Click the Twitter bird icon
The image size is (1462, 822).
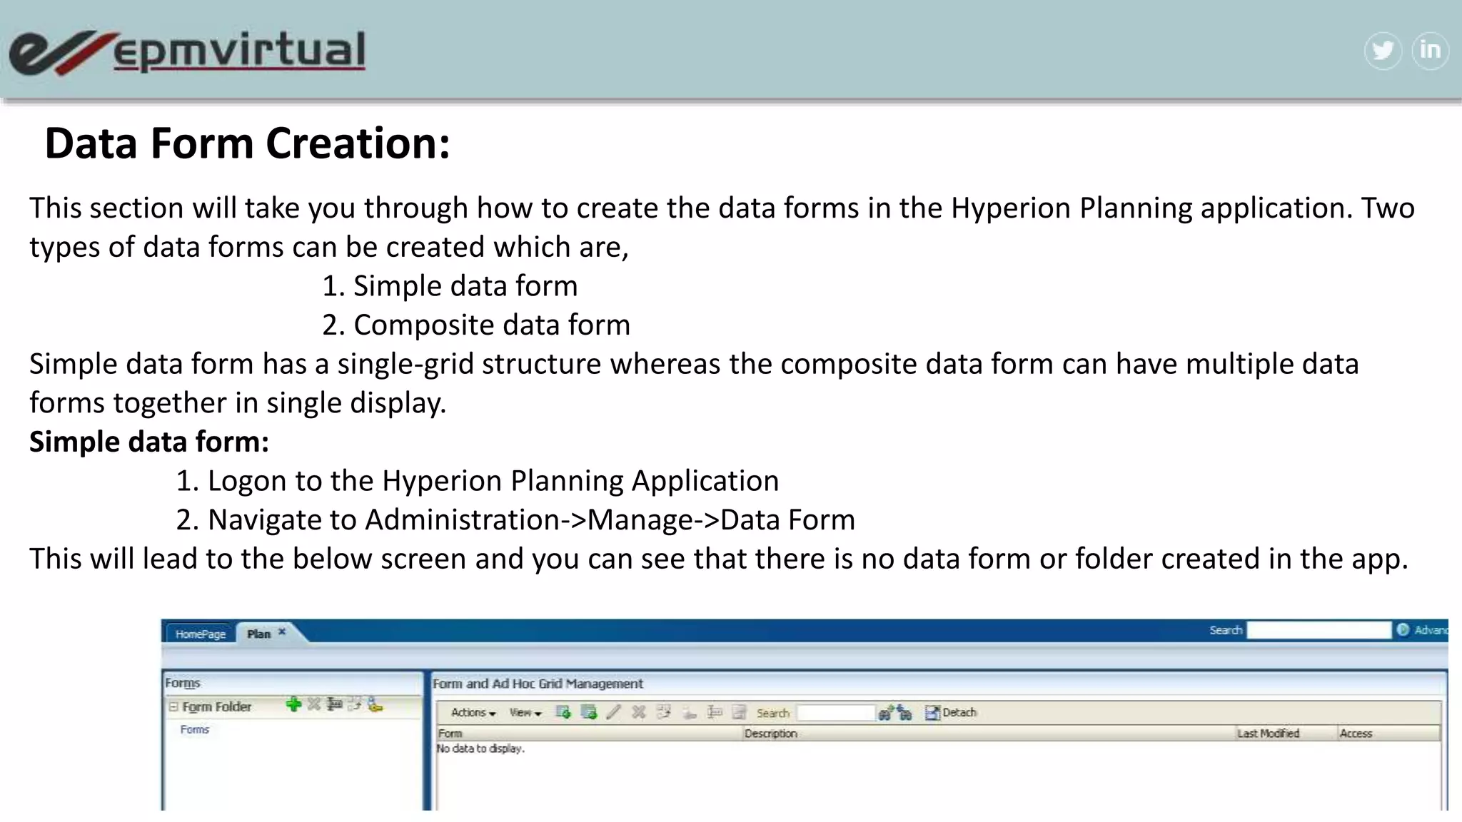point(1383,51)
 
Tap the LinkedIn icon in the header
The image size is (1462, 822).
point(1430,51)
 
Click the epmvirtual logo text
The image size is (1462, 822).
point(239,51)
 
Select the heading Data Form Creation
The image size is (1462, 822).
point(247,143)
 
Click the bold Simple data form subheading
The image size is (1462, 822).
point(148,442)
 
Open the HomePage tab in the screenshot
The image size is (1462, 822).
point(200,634)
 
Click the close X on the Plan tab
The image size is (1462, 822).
point(282,631)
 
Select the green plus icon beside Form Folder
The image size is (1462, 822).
point(293,705)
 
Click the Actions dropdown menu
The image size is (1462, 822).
point(473,713)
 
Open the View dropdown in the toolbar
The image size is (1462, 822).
point(525,713)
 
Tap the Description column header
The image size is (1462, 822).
point(770,734)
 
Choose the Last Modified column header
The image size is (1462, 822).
point(1268,734)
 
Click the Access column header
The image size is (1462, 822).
point(1356,734)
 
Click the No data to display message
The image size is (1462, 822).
point(480,749)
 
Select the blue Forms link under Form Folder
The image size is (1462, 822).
point(194,730)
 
